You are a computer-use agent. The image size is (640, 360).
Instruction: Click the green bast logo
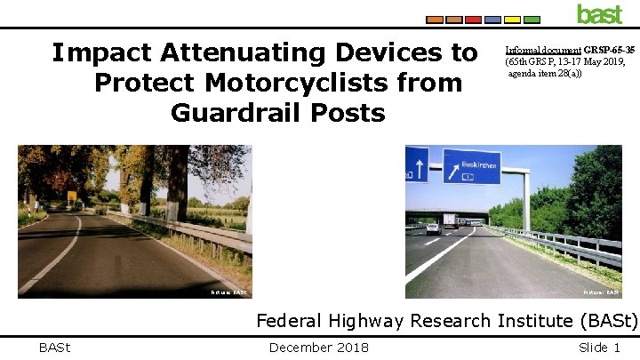[x=600, y=13]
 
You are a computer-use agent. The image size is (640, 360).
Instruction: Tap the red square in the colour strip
[x=473, y=19]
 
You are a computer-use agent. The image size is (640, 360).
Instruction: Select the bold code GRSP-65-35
[x=609, y=50]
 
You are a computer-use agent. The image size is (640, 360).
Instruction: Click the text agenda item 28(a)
[x=544, y=73]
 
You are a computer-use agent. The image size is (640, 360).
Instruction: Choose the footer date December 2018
[x=318, y=348]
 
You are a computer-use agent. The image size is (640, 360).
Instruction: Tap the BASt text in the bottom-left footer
[x=55, y=348]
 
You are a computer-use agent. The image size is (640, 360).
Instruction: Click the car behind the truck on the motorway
[x=433, y=228]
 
